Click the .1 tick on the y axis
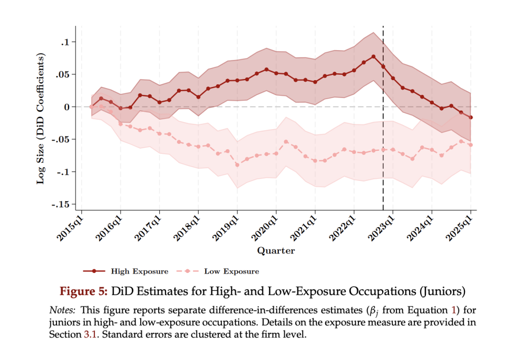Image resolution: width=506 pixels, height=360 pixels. [x=65, y=42]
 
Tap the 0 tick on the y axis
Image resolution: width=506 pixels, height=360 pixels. [x=66, y=107]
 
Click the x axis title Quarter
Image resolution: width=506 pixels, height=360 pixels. [x=276, y=251]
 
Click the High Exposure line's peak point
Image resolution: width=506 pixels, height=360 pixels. [x=373, y=56]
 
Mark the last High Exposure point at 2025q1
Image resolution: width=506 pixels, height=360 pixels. [x=471, y=118]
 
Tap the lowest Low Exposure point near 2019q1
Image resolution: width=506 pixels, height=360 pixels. [x=237, y=165]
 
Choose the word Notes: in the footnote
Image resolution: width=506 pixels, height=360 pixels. [x=63, y=309]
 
